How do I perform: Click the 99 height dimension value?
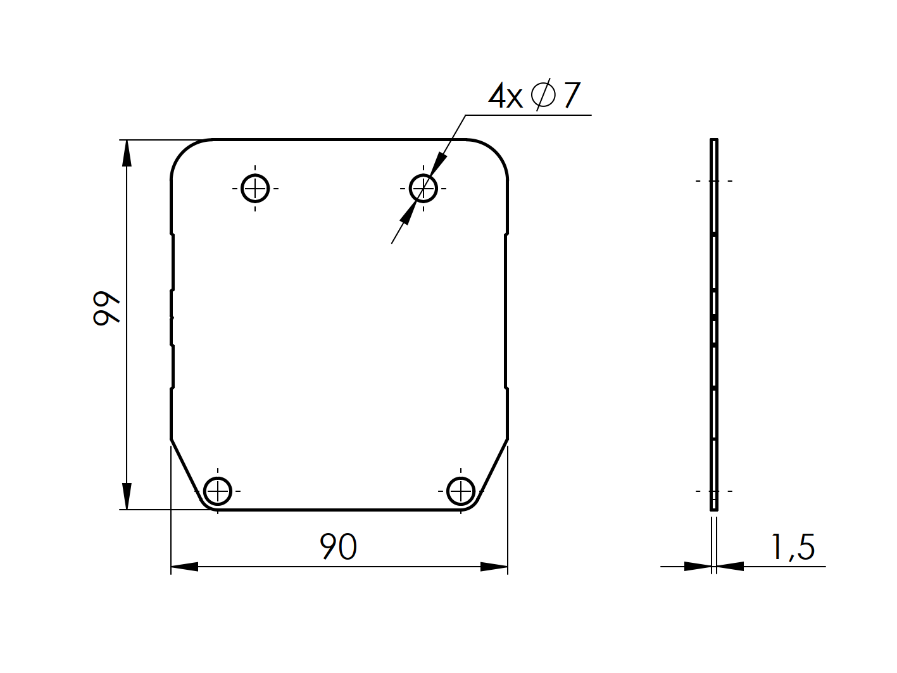[106, 308]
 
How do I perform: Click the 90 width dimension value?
[339, 547]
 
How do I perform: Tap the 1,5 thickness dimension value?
[793, 548]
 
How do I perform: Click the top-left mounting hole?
[255, 188]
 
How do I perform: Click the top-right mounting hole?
[423, 188]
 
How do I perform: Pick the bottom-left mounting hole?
[218, 491]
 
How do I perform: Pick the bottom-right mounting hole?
[460, 491]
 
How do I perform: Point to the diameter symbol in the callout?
[543, 96]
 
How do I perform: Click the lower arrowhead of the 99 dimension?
[127, 496]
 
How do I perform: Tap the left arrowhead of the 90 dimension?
[184, 567]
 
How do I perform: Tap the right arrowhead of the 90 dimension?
[494, 567]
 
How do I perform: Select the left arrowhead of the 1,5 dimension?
[698, 566]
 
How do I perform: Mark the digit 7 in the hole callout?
[571, 96]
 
